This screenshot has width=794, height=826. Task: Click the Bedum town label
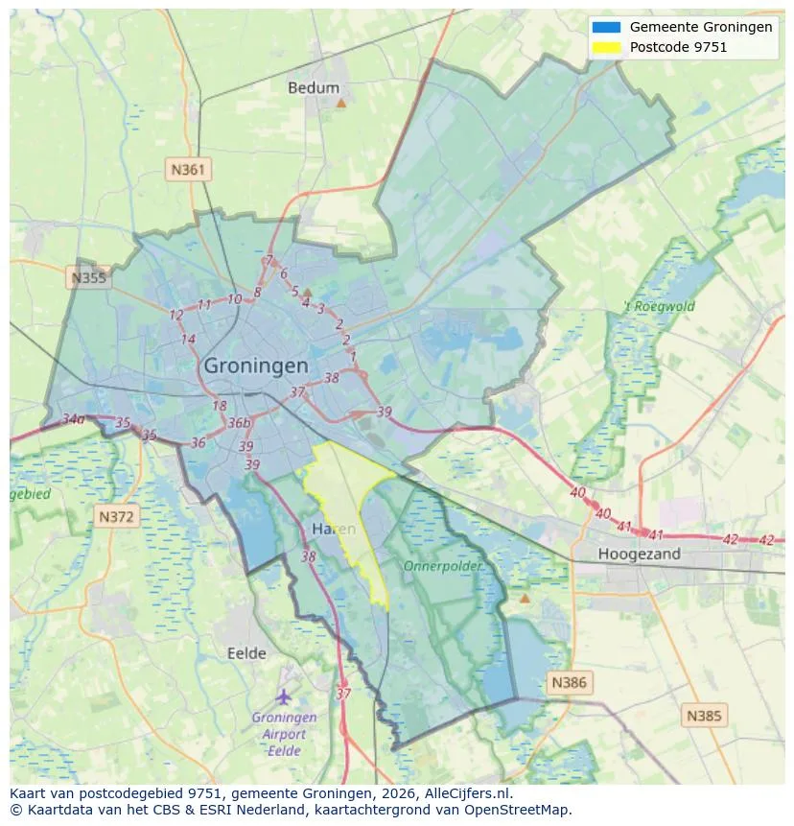point(314,87)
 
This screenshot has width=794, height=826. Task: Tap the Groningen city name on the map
point(256,366)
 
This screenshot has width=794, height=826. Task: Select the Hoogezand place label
point(639,554)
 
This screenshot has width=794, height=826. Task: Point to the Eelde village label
point(246,653)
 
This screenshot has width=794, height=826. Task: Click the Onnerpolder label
point(442,566)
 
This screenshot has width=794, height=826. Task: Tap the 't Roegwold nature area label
point(660,307)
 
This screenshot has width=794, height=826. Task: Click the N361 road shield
point(188,170)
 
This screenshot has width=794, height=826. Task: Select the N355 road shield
point(89,278)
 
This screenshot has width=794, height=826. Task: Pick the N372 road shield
point(118,517)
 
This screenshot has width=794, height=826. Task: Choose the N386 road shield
point(569,683)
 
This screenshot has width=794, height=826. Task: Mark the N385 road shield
point(705,715)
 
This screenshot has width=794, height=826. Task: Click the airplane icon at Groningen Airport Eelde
point(283,696)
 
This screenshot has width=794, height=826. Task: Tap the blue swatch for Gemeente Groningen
point(607,27)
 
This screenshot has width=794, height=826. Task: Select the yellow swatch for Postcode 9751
point(607,46)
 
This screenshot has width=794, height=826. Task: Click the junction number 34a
point(74,419)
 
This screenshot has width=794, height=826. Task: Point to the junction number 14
point(188,340)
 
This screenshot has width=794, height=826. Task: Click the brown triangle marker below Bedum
point(340,102)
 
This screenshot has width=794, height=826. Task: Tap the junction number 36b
point(239,423)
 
